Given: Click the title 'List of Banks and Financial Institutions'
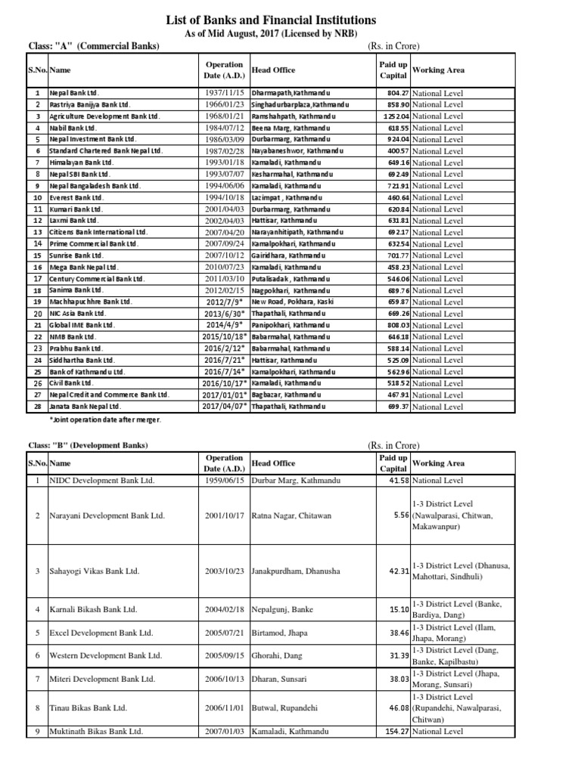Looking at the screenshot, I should click(290, 20).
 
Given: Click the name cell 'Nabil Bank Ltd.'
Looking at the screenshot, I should click(73, 128).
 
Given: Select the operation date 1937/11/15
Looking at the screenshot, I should click(224, 94).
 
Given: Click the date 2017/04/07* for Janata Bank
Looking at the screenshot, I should click(225, 407).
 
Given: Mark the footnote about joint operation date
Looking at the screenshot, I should click(105, 420).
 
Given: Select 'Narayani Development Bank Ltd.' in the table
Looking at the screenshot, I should click(107, 515).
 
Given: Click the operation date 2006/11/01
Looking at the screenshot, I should click(224, 708).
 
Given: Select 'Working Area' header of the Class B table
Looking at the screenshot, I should click(439, 463).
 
